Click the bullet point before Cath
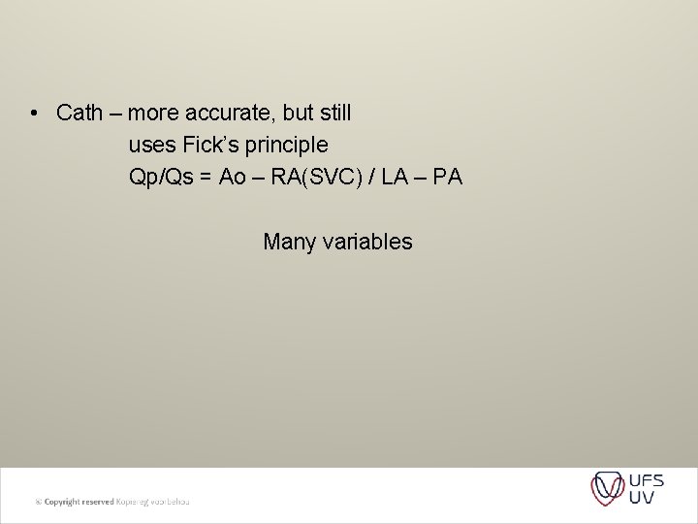pyautogui.click(x=34, y=114)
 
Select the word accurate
pyautogui.click(x=211, y=114)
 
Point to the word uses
pyautogui.click(x=151, y=146)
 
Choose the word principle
pyautogui.click(x=286, y=147)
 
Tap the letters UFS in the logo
pyautogui.click(x=646, y=479)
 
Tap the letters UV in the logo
pyautogui.click(x=641, y=498)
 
